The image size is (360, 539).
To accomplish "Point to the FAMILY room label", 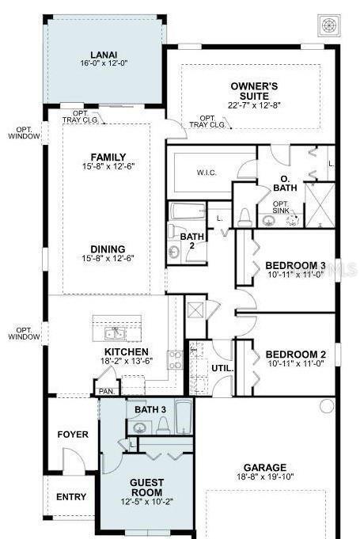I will click(x=108, y=157).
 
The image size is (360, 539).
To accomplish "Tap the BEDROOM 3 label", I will click(x=295, y=265).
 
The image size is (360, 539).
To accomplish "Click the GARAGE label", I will click(x=265, y=467).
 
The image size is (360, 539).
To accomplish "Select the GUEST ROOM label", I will click(x=146, y=487).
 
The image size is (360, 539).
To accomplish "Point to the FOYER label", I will click(x=73, y=435).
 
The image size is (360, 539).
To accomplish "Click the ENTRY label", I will click(x=71, y=497).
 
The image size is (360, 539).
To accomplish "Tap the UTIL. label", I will click(x=221, y=368).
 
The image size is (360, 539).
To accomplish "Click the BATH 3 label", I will click(x=150, y=409).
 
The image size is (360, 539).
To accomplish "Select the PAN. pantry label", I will click(x=106, y=390).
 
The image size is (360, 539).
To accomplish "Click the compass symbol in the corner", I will click(x=328, y=25).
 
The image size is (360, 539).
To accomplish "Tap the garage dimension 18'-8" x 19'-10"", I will click(x=265, y=477).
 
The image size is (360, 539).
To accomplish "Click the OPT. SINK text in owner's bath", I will click(x=281, y=207).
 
